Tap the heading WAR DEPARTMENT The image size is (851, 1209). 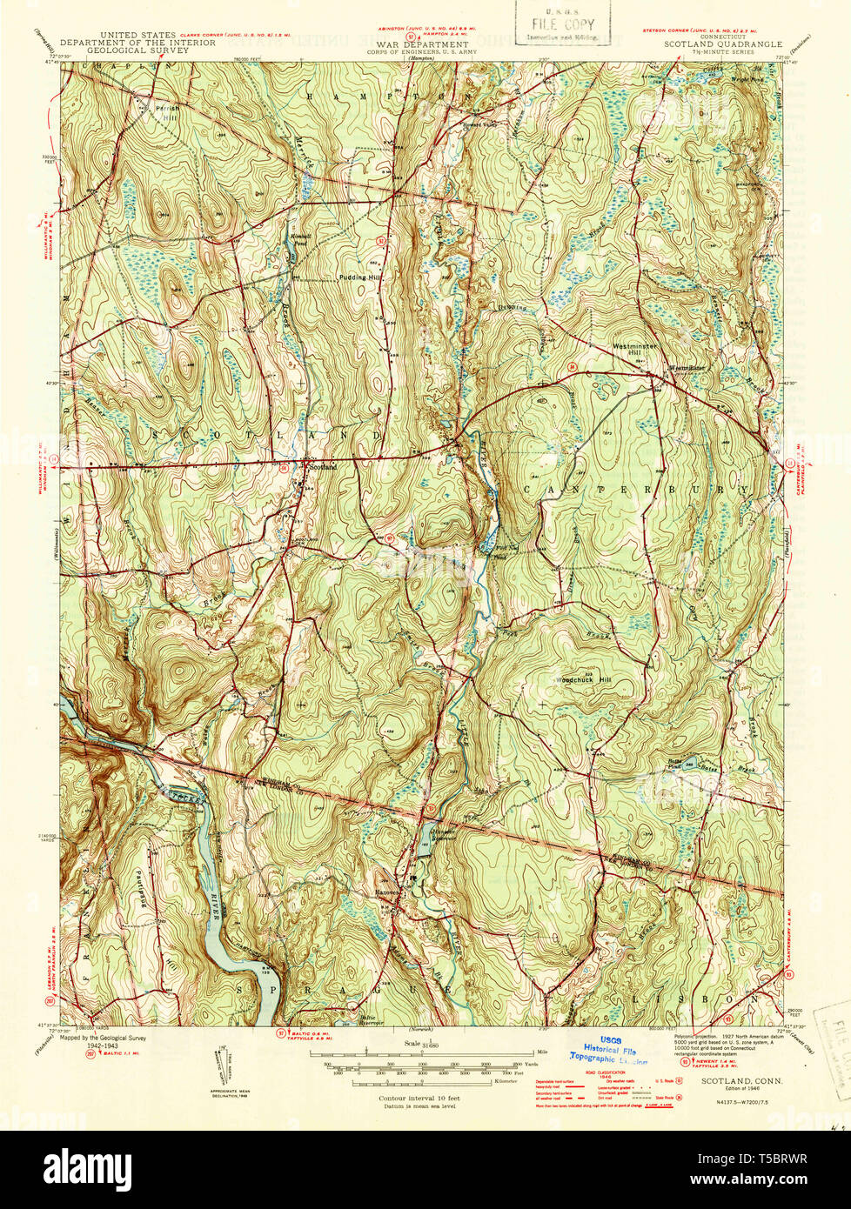(x=424, y=42)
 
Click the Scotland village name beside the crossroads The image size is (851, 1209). (x=324, y=465)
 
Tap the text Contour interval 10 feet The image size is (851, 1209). (x=419, y=1099)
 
